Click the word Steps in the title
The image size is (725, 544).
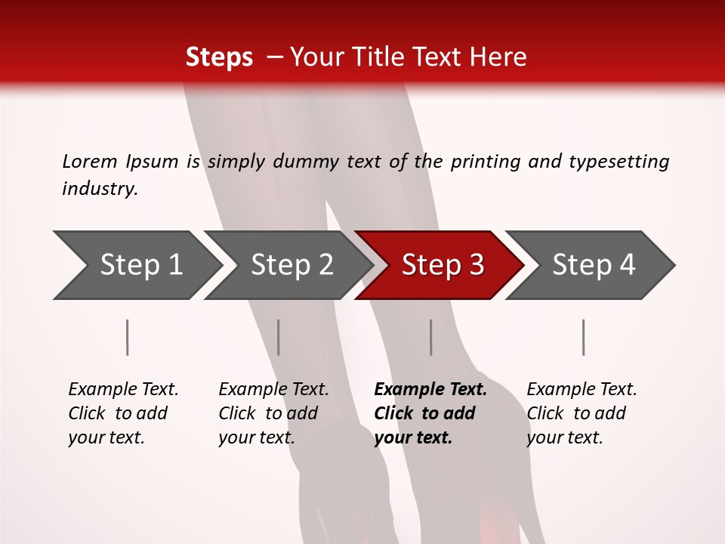click(219, 57)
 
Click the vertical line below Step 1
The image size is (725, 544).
click(128, 337)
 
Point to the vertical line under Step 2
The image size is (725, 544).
click(279, 337)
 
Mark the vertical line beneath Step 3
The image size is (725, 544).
click(431, 337)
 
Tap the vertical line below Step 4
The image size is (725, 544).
click(584, 337)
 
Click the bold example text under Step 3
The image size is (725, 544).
click(430, 413)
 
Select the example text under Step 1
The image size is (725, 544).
click(123, 413)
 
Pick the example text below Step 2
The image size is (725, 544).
click(273, 413)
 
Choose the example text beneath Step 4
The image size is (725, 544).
click(582, 413)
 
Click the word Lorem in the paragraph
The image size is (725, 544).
click(89, 162)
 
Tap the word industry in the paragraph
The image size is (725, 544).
click(100, 189)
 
